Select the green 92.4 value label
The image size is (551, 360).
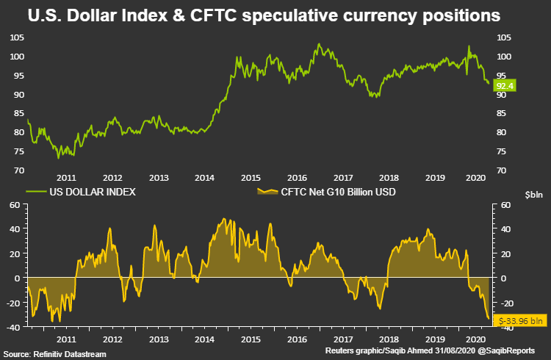[x=504, y=86]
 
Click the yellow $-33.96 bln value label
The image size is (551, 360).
[x=520, y=320]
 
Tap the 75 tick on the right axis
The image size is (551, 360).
[x=503, y=151]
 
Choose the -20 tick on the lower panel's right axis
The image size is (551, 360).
[x=504, y=303]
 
